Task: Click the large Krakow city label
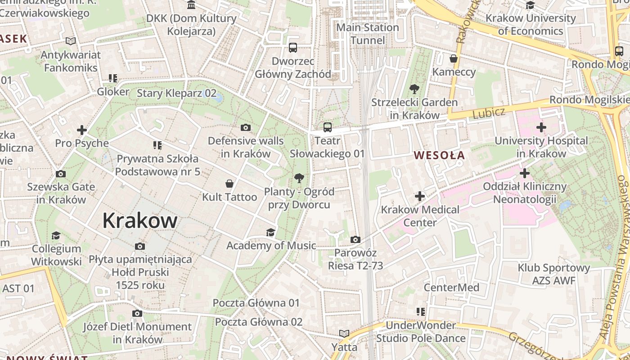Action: point(140,220)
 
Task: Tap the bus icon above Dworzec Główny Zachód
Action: point(293,48)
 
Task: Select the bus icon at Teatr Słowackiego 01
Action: point(328,127)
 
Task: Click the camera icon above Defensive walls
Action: point(246,128)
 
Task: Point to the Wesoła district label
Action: point(439,156)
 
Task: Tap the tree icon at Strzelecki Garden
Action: point(414,89)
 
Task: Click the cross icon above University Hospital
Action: point(541,128)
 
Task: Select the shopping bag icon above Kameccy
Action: point(454,59)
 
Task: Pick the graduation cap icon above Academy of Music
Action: point(270,232)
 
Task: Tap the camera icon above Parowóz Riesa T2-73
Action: point(355,239)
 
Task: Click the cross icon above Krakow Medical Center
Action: point(420,196)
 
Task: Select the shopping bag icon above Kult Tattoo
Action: point(229,184)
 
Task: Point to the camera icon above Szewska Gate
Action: point(61,174)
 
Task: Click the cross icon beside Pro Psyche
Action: point(81,130)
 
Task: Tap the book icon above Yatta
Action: point(344,334)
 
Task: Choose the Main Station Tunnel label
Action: point(368,34)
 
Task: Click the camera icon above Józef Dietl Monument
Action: point(137,313)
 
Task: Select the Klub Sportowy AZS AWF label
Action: point(554,274)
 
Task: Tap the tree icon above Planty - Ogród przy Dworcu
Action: point(299,178)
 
